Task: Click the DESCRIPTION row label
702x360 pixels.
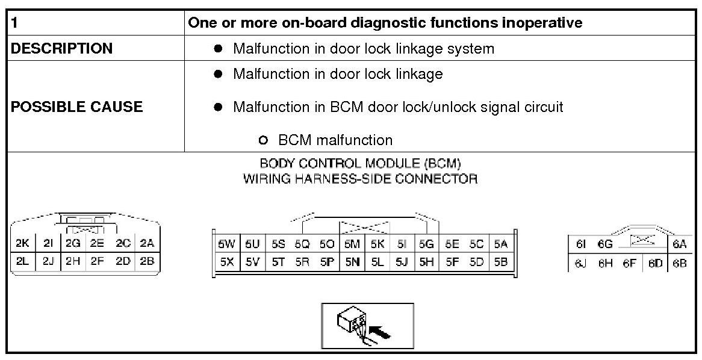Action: pos(61,49)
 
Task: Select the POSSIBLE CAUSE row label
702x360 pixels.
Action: pos(77,107)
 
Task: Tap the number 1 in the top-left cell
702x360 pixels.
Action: pos(14,23)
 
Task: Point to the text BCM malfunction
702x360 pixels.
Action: pos(335,140)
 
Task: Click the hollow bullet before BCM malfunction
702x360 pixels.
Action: pos(262,140)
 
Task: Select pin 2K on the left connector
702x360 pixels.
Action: pos(23,244)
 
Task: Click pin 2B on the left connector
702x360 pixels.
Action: pos(147,261)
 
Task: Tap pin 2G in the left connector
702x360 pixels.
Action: pos(73,244)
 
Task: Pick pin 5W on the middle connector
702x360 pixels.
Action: pos(226,244)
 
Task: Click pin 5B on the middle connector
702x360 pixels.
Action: pos(500,262)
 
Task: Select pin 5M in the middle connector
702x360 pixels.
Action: pos(352,244)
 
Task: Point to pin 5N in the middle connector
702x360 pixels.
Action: pos(352,262)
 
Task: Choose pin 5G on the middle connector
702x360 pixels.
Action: pos(426,244)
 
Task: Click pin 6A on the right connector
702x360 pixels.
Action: pos(680,244)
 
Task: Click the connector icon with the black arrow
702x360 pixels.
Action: pos(367,326)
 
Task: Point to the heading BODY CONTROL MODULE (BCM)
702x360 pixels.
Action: pos(360,164)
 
